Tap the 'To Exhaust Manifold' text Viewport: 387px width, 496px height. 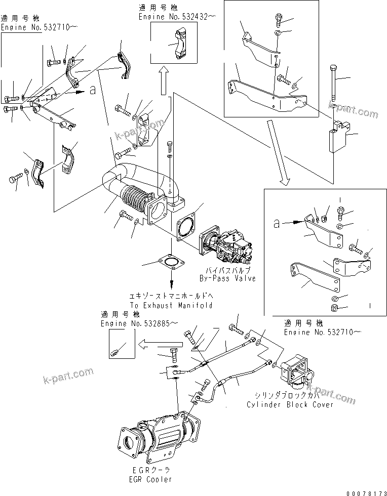click(171, 305)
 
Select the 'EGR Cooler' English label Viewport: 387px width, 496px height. click(150, 479)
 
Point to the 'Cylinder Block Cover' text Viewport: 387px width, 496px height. click(290, 404)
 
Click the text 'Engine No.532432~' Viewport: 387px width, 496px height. click(177, 17)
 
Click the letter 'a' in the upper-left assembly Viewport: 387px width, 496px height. click(92, 91)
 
